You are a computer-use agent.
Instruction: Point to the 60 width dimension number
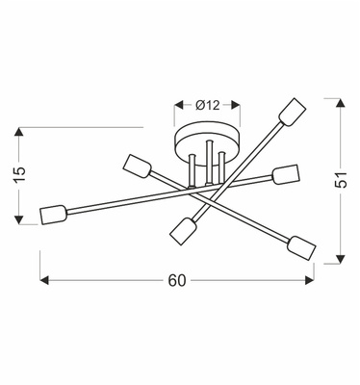coord(176,280)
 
